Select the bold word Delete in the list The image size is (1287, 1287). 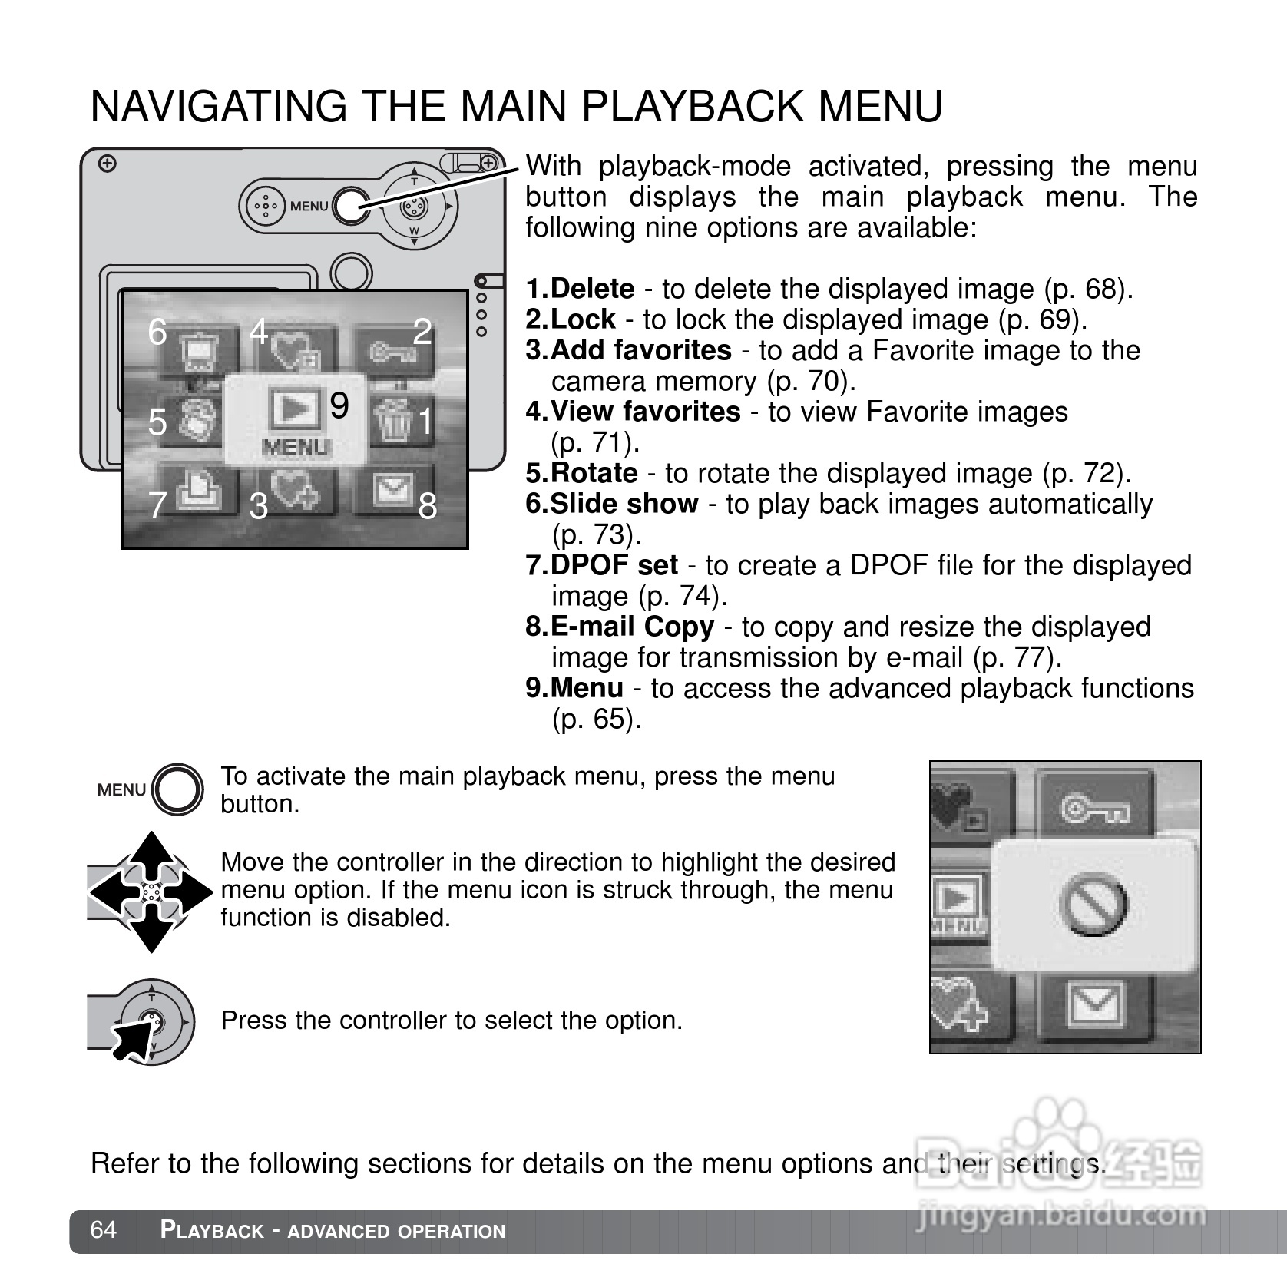coord(592,289)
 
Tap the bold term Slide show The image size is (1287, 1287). coord(624,504)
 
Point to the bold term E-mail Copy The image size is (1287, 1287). coord(632,627)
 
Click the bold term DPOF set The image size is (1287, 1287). coord(614,565)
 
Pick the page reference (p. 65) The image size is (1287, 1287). coord(596,719)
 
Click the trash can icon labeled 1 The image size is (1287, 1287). coord(395,421)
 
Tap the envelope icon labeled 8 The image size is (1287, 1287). coord(393,490)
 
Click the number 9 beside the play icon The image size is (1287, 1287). coord(339,405)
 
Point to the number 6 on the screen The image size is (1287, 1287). coord(157,332)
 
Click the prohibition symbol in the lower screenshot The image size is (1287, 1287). coord(1093,904)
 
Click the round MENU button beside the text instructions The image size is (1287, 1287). coord(178,789)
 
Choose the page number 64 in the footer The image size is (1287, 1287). coord(104,1230)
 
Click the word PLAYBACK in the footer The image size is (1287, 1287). coord(212,1230)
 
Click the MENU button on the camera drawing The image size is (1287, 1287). coord(351,206)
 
